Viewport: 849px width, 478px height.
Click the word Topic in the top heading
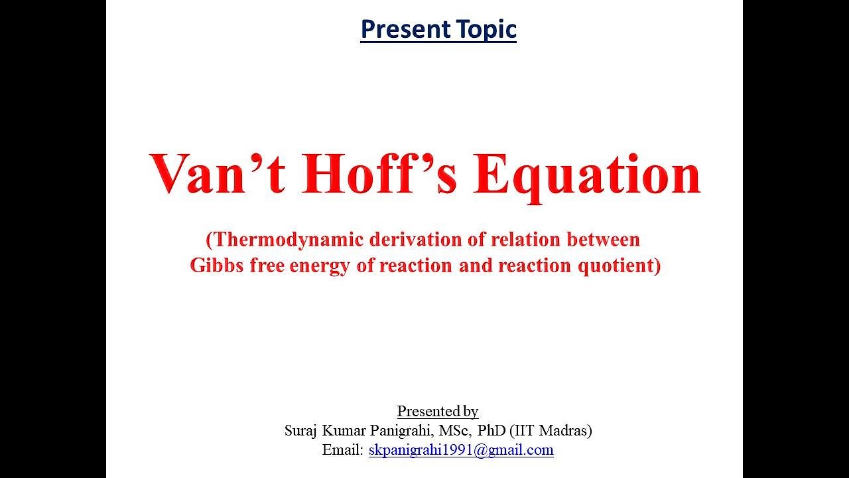(486, 29)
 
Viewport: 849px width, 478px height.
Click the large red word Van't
(217, 175)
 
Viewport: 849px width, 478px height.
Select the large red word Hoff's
(380, 175)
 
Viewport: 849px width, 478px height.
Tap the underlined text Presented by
(438, 411)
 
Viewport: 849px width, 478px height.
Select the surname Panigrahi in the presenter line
(395, 430)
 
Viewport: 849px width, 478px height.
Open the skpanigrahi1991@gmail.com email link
(461, 450)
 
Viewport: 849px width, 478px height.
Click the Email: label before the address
(343, 450)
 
